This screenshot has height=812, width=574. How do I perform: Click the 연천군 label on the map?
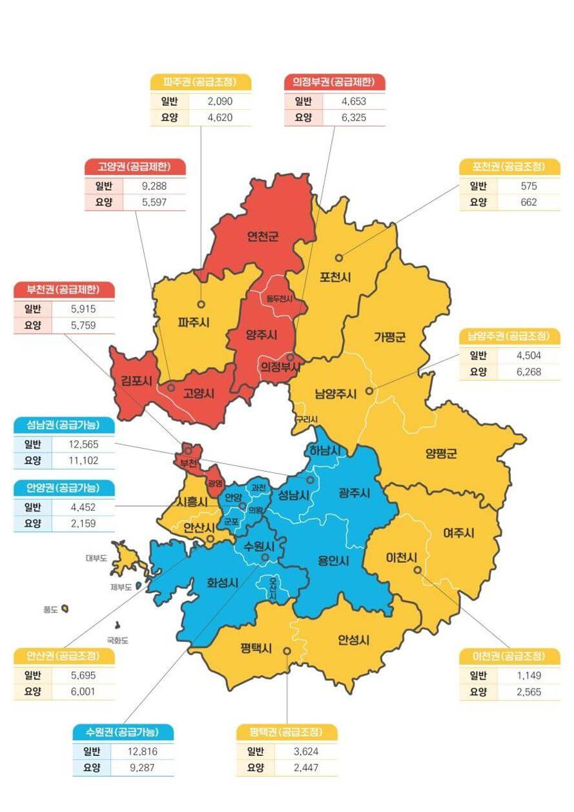[x=262, y=236]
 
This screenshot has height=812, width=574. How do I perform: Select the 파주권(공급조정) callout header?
[x=200, y=83]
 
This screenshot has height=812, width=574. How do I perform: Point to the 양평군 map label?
[x=441, y=453]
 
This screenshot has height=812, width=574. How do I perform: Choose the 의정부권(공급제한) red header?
[x=334, y=83]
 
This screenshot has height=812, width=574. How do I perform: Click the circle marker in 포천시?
[x=339, y=258]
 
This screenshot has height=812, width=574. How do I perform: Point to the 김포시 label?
[x=136, y=381]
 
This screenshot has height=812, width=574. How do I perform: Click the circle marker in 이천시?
[x=418, y=570]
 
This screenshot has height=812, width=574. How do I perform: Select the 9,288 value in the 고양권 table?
[x=153, y=186]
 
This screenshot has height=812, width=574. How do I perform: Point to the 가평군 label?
[x=389, y=336]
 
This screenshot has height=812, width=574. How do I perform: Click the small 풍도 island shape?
[x=65, y=609]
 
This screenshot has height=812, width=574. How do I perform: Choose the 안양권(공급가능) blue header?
[x=64, y=488]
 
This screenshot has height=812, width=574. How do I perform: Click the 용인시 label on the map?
[x=333, y=560]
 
